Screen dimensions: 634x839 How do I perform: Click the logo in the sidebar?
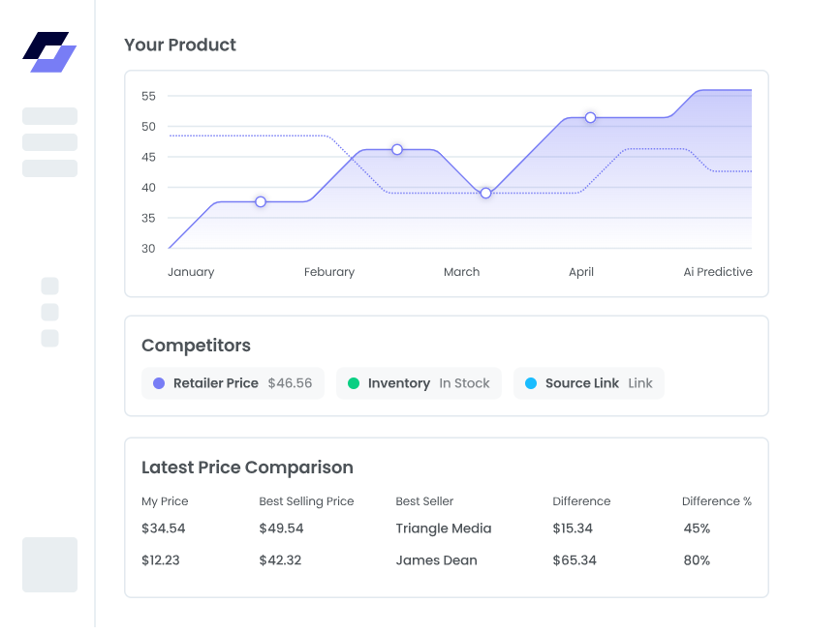click(49, 52)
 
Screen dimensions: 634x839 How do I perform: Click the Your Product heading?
click(180, 45)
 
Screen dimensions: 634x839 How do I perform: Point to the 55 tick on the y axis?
click(148, 96)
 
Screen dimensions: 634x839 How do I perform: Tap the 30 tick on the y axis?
click(148, 249)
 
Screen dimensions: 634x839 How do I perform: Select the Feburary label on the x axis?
click(329, 272)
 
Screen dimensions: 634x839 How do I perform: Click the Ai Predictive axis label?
click(718, 272)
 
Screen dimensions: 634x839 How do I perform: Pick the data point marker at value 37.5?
click(261, 201)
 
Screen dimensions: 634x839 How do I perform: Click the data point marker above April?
click(590, 117)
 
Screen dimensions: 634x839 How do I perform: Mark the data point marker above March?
click(485, 194)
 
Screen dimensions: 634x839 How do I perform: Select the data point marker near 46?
click(397, 149)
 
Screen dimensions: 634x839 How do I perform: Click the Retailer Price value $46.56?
click(290, 383)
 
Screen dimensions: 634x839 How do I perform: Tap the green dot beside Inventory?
click(354, 383)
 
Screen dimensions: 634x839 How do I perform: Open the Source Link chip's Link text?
click(640, 383)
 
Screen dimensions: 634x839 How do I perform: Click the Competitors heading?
click(196, 346)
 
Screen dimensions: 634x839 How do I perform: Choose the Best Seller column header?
click(424, 501)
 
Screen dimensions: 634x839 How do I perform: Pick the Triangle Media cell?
click(444, 528)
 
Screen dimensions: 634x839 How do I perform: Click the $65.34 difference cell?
click(575, 560)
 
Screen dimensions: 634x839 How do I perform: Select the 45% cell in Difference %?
click(697, 528)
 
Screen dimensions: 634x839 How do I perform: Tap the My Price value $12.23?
click(161, 560)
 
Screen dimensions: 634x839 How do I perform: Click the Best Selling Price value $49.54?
click(281, 528)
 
